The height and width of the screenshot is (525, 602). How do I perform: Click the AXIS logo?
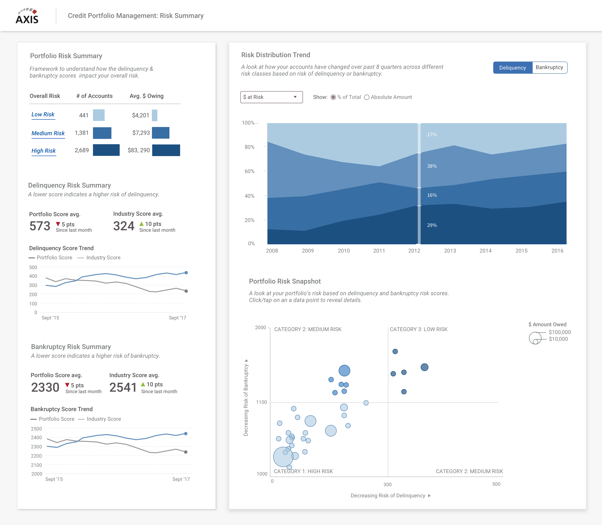[x=27, y=16]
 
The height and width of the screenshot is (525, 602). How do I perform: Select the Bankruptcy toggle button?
[x=549, y=67]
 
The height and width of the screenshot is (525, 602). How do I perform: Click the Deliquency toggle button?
[x=512, y=68]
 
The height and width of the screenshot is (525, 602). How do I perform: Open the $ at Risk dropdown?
[x=271, y=97]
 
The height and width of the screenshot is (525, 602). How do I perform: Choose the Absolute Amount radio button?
[x=367, y=97]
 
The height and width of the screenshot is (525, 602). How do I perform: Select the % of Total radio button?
[x=333, y=97]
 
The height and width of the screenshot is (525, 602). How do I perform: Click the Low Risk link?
[x=43, y=115]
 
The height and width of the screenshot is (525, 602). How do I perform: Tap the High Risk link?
[x=43, y=151]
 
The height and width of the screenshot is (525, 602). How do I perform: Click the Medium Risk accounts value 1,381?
[x=82, y=133]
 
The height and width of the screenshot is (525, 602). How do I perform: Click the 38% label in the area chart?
[x=432, y=166]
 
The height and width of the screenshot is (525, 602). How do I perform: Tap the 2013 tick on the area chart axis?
[x=450, y=251]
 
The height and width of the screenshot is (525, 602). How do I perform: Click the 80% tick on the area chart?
[x=249, y=147]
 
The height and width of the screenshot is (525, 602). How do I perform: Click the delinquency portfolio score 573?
[x=40, y=226]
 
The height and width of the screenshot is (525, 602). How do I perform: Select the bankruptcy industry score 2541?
[x=123, y=387]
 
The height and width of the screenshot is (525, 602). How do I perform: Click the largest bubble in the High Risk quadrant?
[x=283, y=456]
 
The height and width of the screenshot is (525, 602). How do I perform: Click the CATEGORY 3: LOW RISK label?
[x=418, y=329]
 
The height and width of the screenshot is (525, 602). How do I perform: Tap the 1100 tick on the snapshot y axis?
[x=261, y=402]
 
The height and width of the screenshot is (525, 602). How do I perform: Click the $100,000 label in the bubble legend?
[x=560, y=332]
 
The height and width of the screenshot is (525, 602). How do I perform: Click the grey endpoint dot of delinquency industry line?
[x=186, y=291]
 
